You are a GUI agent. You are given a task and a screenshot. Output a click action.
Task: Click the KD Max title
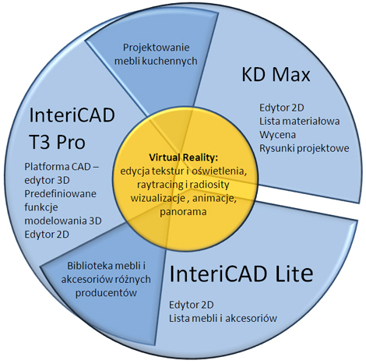click(x=276, y=75)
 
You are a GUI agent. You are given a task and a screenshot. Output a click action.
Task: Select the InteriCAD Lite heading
click(x=241, y=274)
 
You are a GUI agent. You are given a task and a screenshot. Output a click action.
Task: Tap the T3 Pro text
click(x=57, y=142)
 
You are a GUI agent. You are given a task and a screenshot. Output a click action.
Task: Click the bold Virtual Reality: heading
click(x=183, y=157)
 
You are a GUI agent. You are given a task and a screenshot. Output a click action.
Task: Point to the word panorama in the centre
click(x=183, y=212)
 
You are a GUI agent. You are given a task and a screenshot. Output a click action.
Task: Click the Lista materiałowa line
click(x=299, y=121)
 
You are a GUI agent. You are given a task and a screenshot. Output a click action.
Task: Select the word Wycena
click(x=277, y=135)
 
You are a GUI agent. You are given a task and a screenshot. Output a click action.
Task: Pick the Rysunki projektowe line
click(x=304, y=148)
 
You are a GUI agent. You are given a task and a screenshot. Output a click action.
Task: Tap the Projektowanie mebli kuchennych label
click(x=156, y=55)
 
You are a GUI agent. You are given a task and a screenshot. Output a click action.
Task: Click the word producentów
click(x=106, y=293)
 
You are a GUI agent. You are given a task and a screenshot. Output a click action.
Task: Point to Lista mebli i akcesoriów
click(x=223, y=318)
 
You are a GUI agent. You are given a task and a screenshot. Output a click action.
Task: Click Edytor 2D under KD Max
click(x=282, y=108)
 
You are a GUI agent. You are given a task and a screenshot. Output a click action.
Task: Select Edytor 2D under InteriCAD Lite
click(x=192, y=305)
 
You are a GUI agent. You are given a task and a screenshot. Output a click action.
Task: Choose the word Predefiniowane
click(x=60, y=194)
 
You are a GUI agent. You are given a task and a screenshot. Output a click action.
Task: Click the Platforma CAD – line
click(x=62, y=167)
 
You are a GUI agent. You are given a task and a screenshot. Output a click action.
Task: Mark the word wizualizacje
click(x=158, y=198)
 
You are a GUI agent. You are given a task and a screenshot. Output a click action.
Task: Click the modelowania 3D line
click(x=63, y=221)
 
